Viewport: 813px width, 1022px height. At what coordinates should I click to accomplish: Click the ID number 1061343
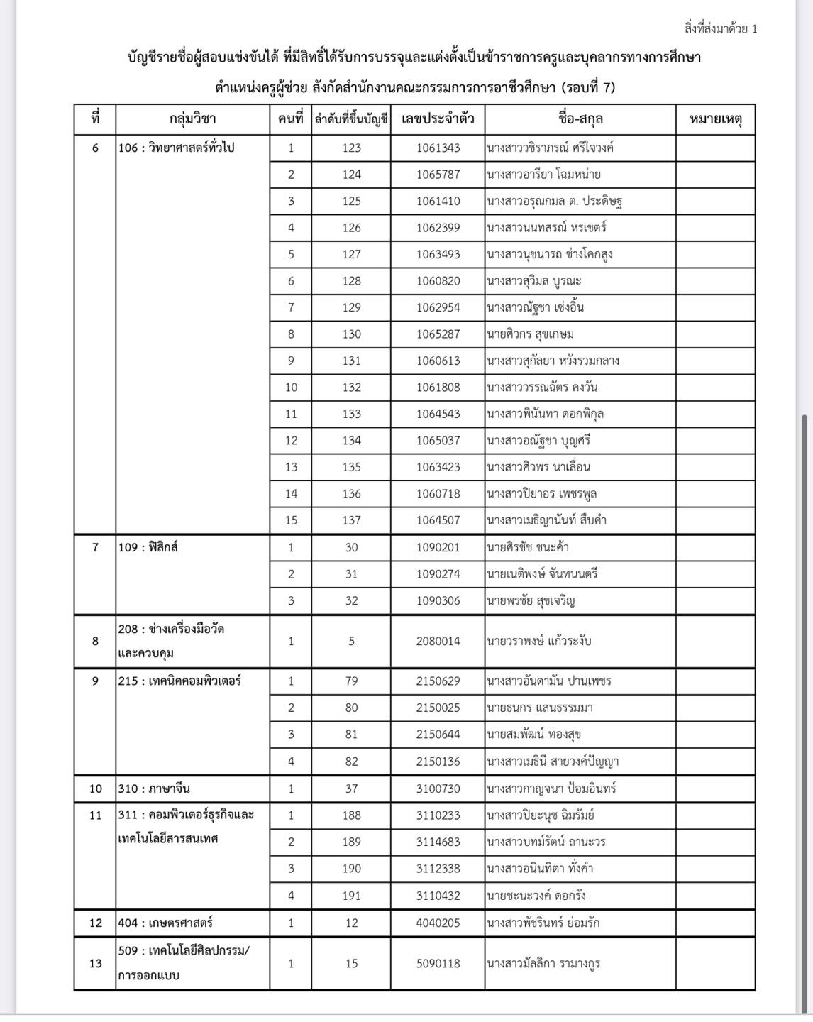pos(438,148)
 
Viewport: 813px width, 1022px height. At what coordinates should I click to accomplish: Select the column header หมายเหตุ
pos(715,119)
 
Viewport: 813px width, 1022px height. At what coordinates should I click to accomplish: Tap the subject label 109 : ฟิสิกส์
pos(148,547)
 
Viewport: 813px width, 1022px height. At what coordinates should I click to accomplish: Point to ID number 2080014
pos(438,641)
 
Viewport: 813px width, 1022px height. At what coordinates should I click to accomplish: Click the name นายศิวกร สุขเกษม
pos(531,334)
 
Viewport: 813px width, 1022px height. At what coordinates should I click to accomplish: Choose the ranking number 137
pos(351,520)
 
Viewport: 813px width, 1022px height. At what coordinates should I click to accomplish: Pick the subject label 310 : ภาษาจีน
pos(154,788)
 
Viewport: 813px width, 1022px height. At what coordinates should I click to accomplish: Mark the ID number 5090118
pos(438,963)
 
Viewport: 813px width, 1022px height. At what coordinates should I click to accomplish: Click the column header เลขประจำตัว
pos(438,119)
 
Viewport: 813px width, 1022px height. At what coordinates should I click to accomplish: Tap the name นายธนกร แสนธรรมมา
pos(540,708)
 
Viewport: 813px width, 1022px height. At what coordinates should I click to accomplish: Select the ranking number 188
pos(351,815)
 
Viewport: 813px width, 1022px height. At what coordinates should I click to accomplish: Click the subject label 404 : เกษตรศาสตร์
pos(165,923)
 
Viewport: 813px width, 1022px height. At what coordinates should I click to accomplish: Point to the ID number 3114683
pos(438,842)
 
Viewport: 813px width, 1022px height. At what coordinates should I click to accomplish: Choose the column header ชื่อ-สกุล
pos(580,119)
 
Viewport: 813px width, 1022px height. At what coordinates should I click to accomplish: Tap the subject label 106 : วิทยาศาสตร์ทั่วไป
pos(176,148)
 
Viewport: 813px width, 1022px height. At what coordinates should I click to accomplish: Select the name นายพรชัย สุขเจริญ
pos(531,600)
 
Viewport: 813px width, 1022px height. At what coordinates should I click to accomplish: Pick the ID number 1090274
pos(438,573)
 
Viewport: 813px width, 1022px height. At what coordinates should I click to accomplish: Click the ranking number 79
pos(351,681)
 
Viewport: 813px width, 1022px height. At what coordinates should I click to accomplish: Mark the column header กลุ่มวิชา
pos(192,119)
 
